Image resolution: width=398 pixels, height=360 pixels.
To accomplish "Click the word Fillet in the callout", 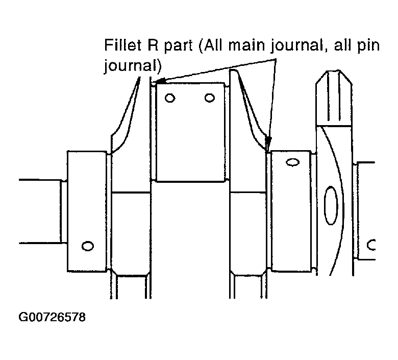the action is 122,45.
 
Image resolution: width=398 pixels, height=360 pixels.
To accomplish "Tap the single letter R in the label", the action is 153,45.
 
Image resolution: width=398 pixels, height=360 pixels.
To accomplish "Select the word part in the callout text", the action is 178,46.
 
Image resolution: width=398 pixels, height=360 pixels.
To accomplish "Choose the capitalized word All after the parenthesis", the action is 210,45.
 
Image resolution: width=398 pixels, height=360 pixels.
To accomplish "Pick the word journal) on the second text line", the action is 133,66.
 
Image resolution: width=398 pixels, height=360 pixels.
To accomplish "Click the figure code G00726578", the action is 52,318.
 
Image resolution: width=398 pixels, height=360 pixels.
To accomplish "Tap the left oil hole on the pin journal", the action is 170,98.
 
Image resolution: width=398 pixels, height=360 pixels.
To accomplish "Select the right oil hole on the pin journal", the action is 210,98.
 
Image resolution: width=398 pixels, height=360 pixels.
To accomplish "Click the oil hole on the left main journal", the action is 88,246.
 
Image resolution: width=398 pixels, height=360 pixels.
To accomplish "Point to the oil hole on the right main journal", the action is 293,162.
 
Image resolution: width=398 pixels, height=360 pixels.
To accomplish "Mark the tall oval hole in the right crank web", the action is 331,206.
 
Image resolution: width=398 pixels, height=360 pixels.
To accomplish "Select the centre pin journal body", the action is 191,132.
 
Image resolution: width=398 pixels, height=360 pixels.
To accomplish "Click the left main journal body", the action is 87,211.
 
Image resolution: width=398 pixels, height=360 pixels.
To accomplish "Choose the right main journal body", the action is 291,211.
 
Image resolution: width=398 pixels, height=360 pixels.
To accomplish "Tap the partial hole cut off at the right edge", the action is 371,245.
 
